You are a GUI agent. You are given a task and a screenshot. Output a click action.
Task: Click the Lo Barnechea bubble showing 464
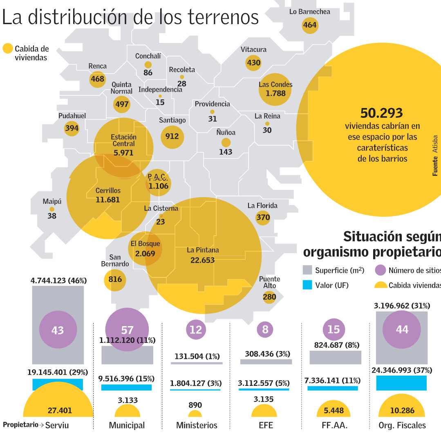310,25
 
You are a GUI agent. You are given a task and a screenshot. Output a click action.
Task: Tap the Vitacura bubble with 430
253,63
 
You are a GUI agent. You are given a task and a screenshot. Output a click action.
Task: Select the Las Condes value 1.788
275,93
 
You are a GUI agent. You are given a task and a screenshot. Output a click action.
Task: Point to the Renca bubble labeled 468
97,79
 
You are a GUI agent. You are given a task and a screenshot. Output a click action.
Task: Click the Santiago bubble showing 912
172,137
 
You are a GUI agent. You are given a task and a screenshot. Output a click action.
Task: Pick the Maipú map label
52,201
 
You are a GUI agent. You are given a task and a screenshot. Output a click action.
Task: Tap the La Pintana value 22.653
202,260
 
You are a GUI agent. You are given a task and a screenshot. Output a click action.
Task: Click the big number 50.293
382,113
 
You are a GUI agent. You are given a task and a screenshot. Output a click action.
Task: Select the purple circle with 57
127,329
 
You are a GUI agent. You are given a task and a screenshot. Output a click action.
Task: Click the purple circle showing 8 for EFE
265,329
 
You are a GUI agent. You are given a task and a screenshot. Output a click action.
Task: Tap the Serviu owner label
57,425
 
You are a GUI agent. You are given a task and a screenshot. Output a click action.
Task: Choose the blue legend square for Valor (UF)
307,285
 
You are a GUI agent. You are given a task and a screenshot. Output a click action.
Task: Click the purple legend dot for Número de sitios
380,270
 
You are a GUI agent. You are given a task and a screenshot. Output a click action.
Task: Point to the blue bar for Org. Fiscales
401,383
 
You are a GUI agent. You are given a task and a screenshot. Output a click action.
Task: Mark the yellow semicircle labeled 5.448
334,409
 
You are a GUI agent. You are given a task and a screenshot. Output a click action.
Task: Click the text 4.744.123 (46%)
58,280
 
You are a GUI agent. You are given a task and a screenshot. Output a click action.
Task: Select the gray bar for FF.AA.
335,357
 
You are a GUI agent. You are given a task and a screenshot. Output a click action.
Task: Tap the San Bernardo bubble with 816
115,279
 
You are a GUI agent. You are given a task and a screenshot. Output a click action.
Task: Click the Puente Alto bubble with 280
269,297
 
